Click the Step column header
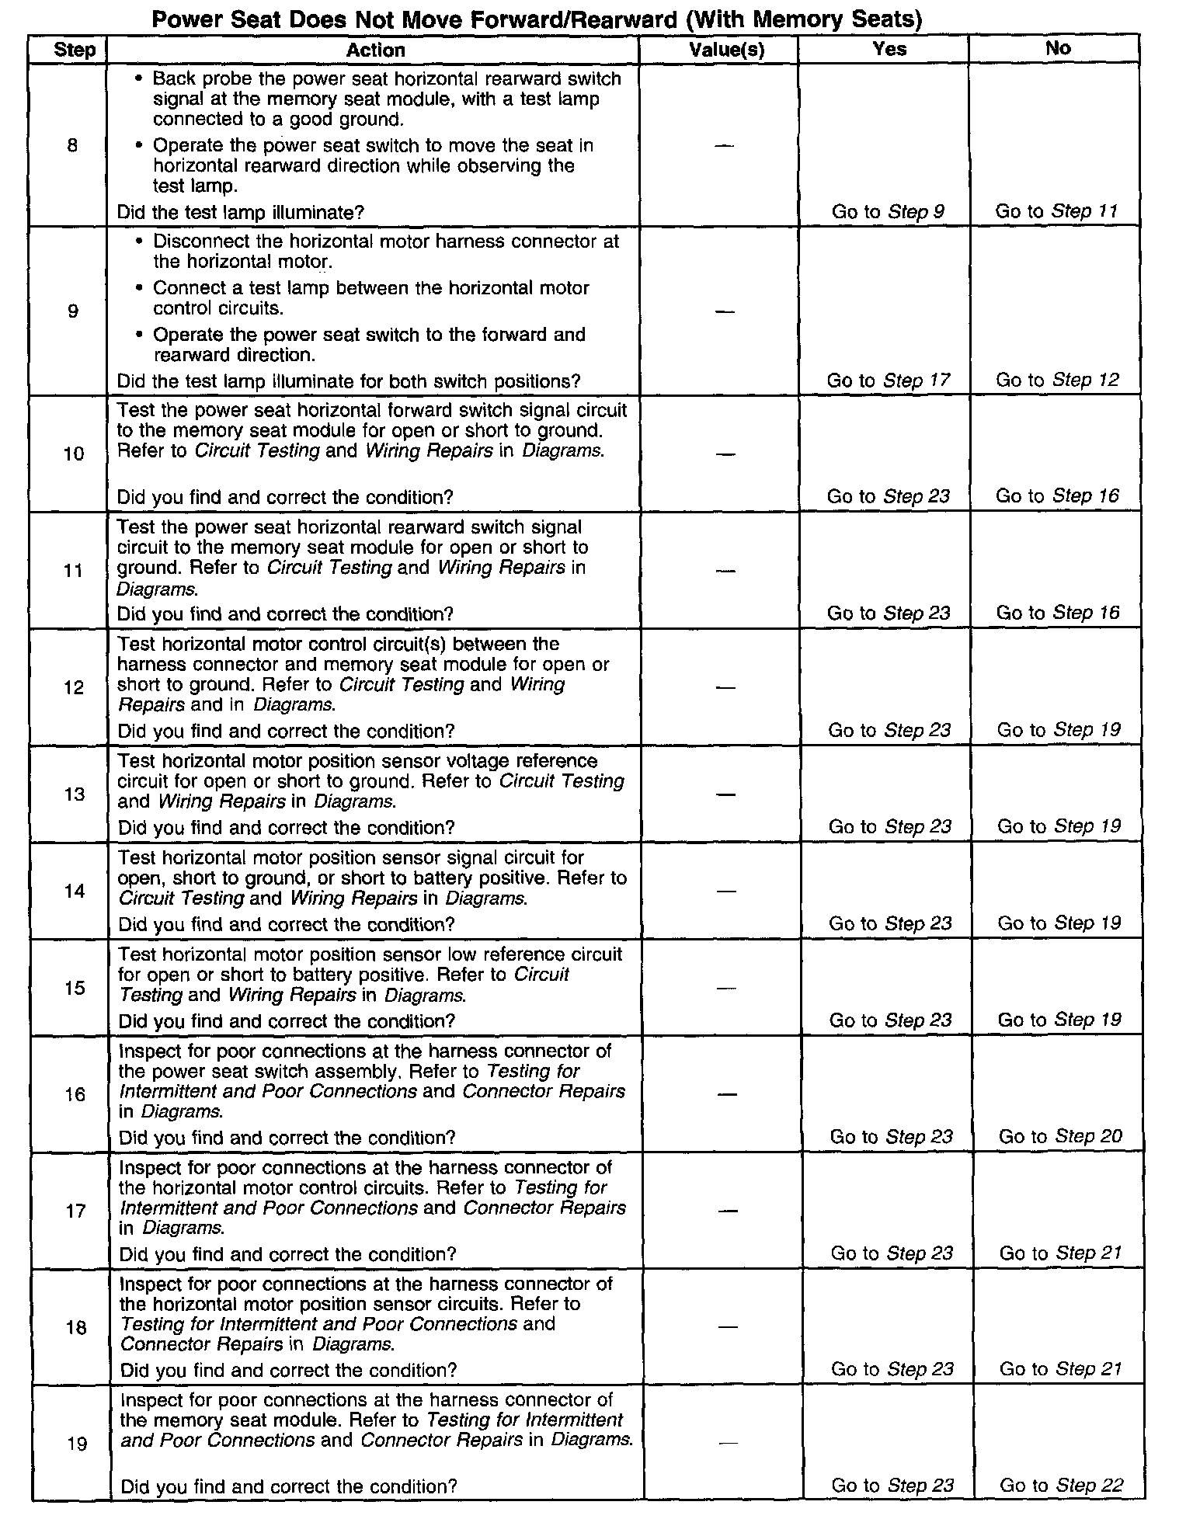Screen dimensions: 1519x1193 [x=75, y=51]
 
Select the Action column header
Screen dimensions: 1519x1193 [x=375, y=50]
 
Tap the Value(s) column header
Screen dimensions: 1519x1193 [x=726, y=50]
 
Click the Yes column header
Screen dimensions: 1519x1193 [x=889, y=49]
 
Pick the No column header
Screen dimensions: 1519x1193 [x=1058, y=48]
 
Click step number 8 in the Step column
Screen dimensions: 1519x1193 [x=72, y=145]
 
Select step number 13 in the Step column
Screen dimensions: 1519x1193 [x=75, y=794]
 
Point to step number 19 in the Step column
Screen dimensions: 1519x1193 [x=76, y=1444]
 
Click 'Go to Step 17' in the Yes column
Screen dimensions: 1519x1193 [x=887, y=381]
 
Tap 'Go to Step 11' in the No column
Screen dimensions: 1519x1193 [x=1056, y=210]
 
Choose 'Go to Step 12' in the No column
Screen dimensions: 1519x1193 [x=1057, y=380]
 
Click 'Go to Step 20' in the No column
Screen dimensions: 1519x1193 [x=1060, y=1137]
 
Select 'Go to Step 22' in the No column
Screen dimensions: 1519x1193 [x=1061, y=1486]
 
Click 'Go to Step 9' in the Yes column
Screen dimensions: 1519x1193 [x=888, y=211]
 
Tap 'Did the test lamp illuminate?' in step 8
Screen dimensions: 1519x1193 [x=240, y=212]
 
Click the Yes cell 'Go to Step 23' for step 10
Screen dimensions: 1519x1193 [x=888, y=496]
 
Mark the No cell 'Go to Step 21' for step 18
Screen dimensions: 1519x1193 [x=1060, y=1369]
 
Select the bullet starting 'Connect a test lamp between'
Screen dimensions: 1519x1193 [x=370, y=297]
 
